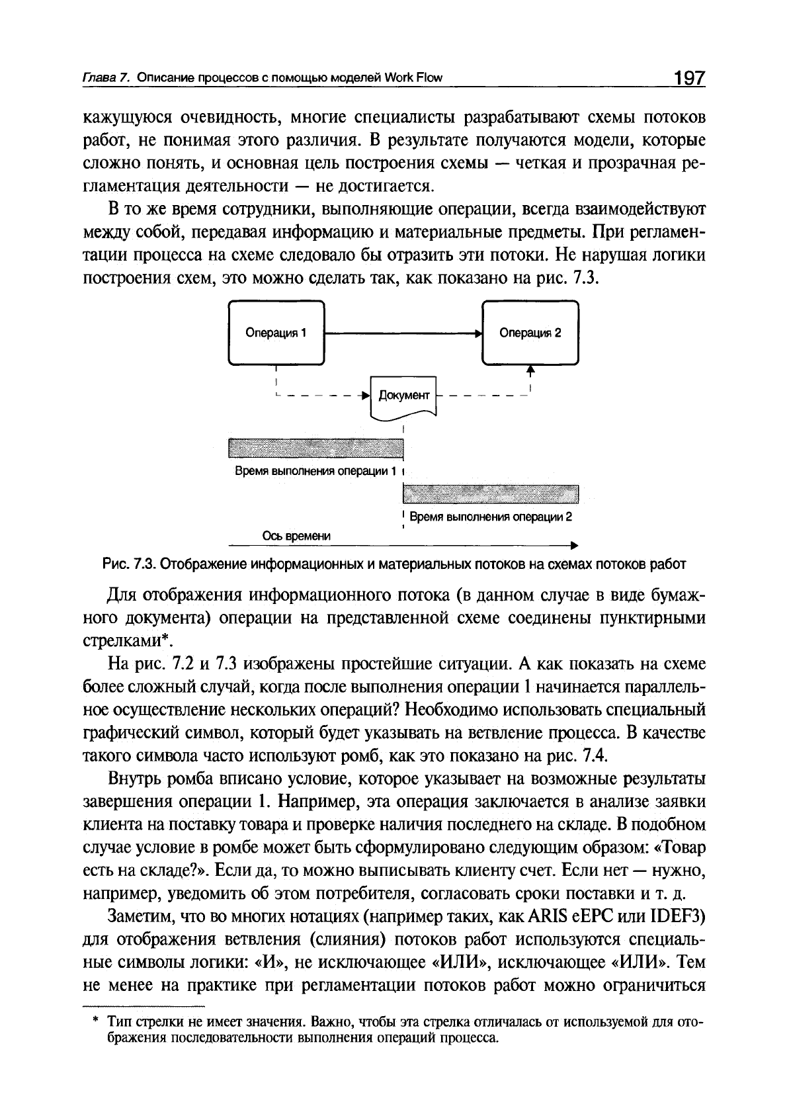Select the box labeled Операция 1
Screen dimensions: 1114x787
tap(276, 333)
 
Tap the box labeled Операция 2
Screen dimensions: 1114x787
tap(530, 333)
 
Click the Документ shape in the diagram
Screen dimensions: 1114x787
tap(404, 397)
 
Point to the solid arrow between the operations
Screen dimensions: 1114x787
tap(403, 333)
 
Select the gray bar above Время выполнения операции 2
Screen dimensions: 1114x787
tap(490, 493)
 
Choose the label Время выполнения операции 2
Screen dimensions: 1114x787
tap(491, 517)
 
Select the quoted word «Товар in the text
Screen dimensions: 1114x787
tap(684, 847)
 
